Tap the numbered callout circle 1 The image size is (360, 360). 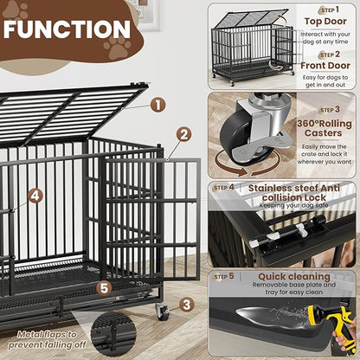157,105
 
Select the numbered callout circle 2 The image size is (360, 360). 184,134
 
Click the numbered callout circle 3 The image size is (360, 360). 187,304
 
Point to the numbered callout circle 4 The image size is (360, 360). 35,196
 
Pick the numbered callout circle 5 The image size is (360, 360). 104,288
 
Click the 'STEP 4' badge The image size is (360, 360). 224,187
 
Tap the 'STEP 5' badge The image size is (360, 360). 224,277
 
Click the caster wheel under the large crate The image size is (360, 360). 162,312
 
